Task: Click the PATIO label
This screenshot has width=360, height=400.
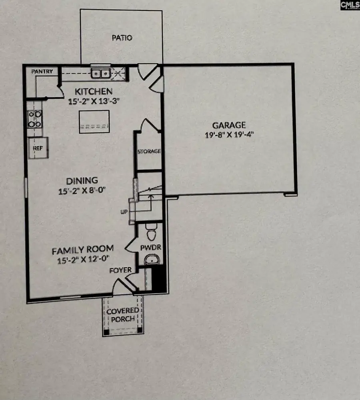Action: click(x=122, y=38)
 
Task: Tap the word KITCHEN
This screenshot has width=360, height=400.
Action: click(x=94, y=91)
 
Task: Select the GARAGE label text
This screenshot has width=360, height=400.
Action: click(x=229, y=125)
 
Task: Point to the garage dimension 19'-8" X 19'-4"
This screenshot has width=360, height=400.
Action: click(x=229, y=134)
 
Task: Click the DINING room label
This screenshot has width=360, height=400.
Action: click(x=82, y=181)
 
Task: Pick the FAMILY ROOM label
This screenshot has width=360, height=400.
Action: click(x=83, y=250)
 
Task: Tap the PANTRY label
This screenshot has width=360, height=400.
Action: click(x=42, y=72)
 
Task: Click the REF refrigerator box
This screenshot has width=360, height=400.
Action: click(x=38, y=148)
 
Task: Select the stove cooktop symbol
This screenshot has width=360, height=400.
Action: click(x=34, y=119)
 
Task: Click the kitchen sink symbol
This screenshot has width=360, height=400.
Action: click(x=101, y=74)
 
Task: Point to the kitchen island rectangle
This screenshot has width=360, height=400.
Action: click(x=94, y=122)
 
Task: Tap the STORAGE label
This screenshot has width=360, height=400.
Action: click(x=149, y=151)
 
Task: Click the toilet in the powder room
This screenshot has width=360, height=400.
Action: click(x=151, y=232)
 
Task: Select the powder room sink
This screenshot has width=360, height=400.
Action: click(x=152, y=260)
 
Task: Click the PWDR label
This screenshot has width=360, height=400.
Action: click(x=151, y=248)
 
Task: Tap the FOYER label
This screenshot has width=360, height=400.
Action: click(x=120, y=270)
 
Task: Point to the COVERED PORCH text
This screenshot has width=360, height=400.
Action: click(x=123, y=315)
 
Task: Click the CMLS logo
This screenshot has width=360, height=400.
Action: click(x=350, y=5)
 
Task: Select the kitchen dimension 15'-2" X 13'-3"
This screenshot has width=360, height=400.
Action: click(x=94, y=101)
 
